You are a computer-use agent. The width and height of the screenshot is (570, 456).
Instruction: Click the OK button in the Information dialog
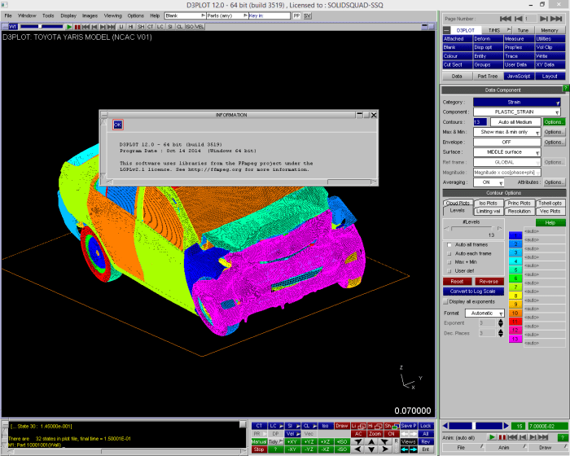click(x=117, y=125)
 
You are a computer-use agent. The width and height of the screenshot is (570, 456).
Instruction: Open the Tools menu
click(x=48, y=15)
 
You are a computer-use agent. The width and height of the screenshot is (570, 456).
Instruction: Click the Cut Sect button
click(x=454, y=64)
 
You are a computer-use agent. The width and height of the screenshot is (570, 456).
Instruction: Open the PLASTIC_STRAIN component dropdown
click(x=517, y=112)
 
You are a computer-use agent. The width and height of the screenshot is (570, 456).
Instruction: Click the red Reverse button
click(x=488, y=282)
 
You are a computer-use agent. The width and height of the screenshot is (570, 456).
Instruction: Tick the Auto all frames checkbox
click(x=450, y=244)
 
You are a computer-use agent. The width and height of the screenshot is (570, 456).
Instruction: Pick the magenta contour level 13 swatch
click(x=514, y=338)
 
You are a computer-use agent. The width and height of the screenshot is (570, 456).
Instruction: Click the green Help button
click(x=550, y=222)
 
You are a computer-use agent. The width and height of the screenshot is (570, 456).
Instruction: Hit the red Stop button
click(x=258, y=449)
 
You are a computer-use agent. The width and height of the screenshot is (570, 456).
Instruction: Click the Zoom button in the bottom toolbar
click(x=375, y=434)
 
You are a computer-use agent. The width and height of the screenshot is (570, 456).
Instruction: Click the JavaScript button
click(x=519, y=76)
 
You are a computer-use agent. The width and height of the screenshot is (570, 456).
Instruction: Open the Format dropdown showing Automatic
click(x=486, y=313)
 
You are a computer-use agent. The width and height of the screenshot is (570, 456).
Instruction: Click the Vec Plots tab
click(x=550, y=210)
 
